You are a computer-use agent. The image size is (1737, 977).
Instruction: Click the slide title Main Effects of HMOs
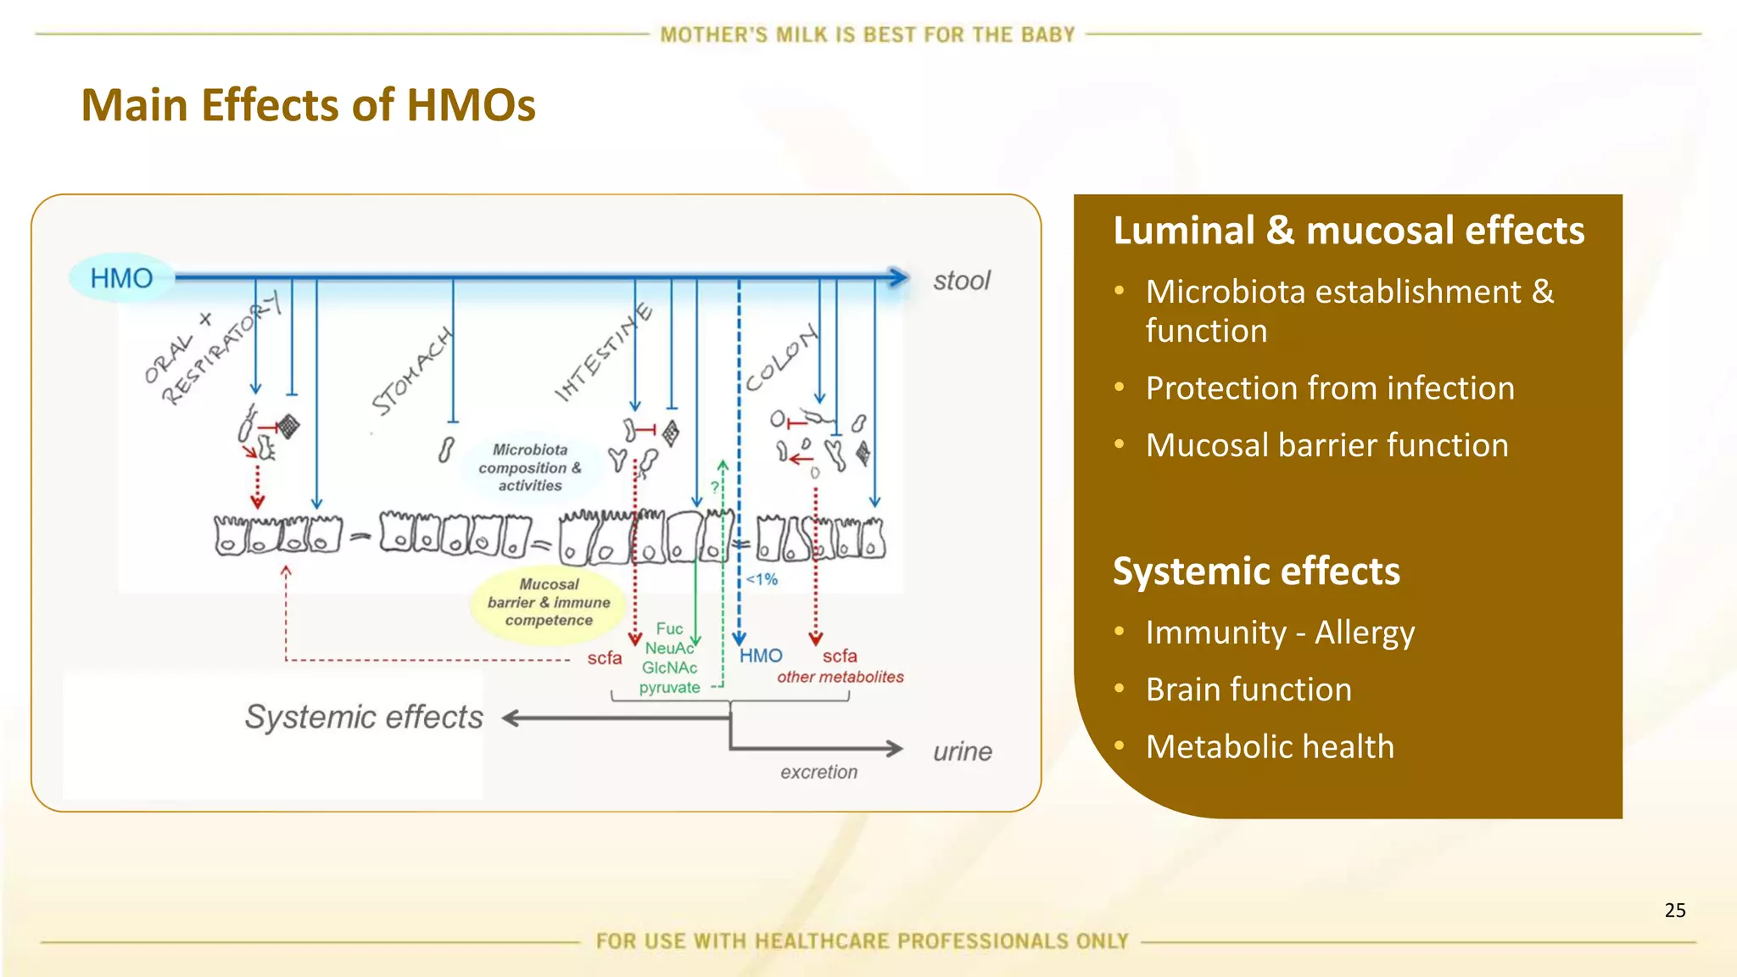click(308, 105)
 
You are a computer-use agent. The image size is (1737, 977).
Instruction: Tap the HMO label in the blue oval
click(121, 278)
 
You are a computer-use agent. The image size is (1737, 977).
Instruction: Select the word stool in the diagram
click(961, 281)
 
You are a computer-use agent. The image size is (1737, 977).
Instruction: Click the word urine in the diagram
click(962, 751)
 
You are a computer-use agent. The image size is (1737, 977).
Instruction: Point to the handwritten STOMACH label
click(412, 371)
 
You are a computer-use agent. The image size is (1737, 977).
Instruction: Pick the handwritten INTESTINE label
click(603, 352)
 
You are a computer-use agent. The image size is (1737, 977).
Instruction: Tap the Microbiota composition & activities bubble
click(530, 467)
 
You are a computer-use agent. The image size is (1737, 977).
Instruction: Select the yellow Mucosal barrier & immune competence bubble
click(549, 602)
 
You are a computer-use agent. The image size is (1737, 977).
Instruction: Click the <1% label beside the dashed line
click(762, 579)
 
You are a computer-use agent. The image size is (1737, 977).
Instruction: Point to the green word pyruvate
click(669, 687)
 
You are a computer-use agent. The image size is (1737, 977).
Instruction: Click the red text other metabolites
click(840, 677)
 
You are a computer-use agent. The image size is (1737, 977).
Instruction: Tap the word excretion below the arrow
click(818, 772)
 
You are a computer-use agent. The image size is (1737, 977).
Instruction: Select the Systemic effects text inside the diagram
click(364, 717)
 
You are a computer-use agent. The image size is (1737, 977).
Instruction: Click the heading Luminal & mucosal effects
click(1348, 231)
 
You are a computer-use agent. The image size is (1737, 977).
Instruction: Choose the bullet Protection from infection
click(1329, 388)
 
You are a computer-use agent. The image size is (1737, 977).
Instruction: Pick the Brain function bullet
click(1248, 689)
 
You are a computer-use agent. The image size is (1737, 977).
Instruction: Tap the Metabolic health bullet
click(1270, 747)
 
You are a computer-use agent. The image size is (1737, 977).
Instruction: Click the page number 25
click(1674, 910)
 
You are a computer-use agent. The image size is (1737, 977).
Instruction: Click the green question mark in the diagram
click(715, 487)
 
